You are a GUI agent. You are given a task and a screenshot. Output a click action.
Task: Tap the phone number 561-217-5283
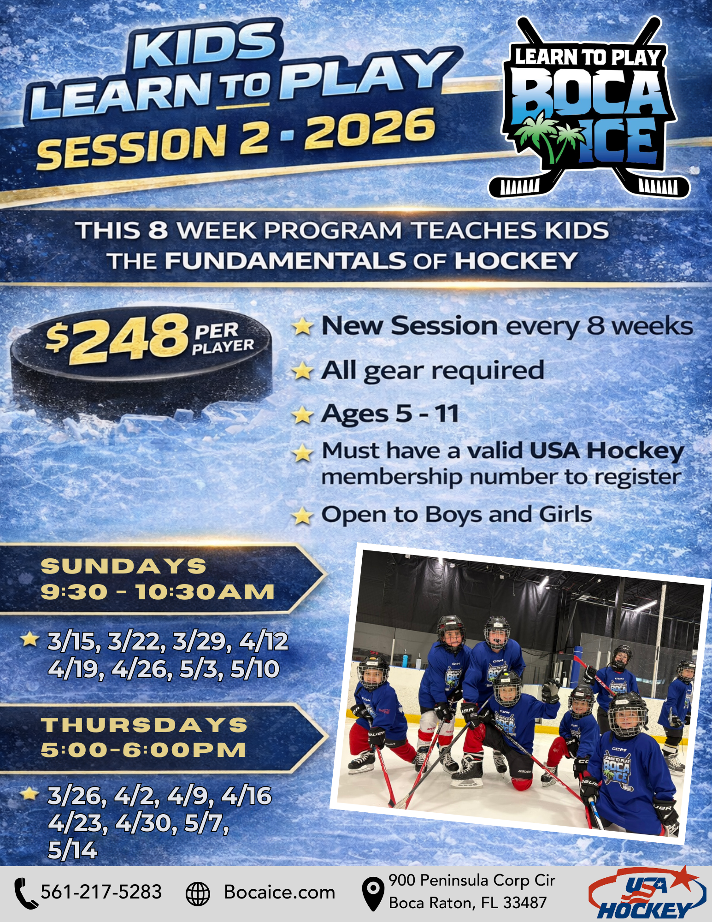click(101, 892)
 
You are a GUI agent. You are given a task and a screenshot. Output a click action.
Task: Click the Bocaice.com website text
click(279, 892)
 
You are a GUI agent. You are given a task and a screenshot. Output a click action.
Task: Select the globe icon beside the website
click(198, 893)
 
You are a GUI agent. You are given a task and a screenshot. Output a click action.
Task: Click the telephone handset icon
click(25, 893)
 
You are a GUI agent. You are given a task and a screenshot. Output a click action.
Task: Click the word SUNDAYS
click(124, 567)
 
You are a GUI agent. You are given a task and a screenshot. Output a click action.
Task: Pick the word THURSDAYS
click(144, 725)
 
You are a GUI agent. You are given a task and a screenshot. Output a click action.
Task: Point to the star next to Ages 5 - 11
click(302, 414)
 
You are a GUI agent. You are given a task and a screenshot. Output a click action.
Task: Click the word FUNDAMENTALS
click(286, 261)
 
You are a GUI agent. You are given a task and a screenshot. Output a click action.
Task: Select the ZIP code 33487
click(525, 903)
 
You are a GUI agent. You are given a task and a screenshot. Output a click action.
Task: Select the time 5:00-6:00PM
click(143, 750)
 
